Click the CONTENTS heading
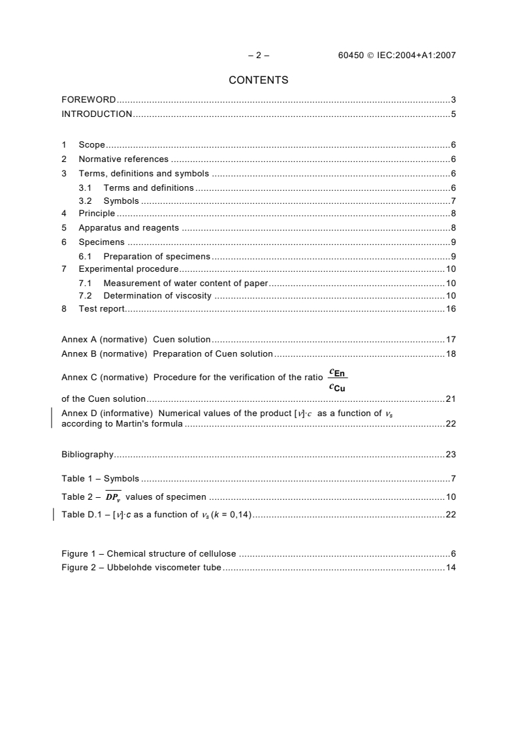[259, 80]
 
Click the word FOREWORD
[88, 100]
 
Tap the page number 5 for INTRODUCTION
[453, 114]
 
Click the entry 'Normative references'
[123, 159]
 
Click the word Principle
[97, 213]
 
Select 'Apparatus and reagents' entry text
[129, 228]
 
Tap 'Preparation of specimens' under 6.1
[157, 255]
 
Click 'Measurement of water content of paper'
[186, 283]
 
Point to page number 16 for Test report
[450, 308]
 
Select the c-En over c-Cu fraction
[338, 380]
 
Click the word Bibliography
[88, 454]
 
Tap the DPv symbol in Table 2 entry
[114, 497]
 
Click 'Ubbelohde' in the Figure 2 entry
[129, 567]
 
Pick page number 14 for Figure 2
[450, 567]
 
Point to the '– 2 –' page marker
[259, 56]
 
